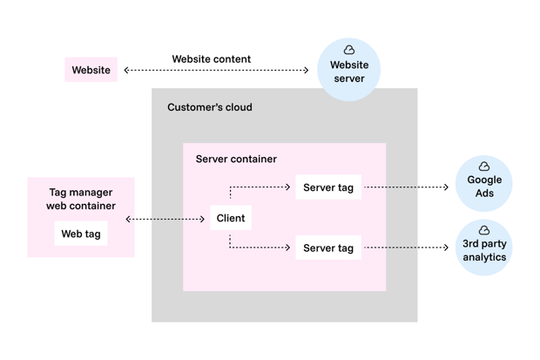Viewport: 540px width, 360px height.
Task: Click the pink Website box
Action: [91, 70]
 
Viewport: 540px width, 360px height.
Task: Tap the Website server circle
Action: [348, 71]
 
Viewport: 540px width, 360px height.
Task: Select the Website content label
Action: [211, 59]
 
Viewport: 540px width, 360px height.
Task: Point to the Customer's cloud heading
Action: [210, 107]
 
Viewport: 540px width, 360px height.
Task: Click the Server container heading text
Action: [236, 159]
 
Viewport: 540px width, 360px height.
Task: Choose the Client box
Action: [231, 218]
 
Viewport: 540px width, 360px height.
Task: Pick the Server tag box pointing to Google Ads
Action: [327, 187]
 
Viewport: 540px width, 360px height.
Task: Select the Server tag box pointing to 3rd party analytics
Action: [327, 248]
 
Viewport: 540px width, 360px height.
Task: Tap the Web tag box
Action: [81, 234]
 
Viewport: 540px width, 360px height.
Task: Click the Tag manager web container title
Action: [81, 199]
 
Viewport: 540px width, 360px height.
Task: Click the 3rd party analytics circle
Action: [484, 248]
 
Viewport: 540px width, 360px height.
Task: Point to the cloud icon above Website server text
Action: [349, 50]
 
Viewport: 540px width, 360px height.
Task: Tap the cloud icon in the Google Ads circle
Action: [484, 166]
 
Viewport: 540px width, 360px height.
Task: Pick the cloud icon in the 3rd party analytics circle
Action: [484, 230]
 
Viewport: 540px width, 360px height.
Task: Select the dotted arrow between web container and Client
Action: [165, 219]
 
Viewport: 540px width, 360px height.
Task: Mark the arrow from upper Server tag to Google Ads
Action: [406, 187]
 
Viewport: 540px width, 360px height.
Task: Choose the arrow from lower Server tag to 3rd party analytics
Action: [406, 248]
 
